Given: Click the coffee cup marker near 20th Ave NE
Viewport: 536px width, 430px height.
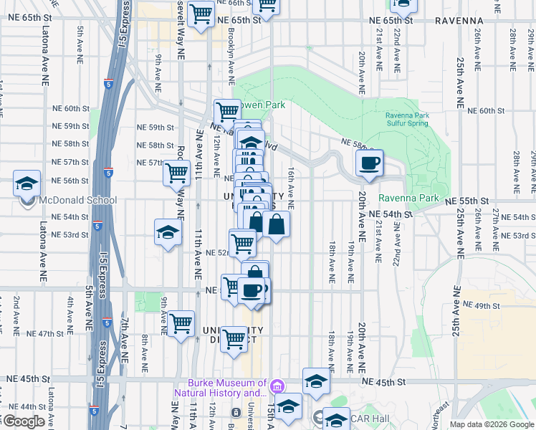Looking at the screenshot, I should pos(369,163).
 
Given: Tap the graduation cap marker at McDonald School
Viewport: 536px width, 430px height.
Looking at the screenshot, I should pos(27,183).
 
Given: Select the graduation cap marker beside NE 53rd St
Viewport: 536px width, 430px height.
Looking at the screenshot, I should pos(168,232).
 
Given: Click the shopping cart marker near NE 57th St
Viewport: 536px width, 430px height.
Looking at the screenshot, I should pos(176,172).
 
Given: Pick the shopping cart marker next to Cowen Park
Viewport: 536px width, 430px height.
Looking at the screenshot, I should pos(227,111).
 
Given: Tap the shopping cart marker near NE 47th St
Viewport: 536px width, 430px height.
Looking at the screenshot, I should pos(181,322).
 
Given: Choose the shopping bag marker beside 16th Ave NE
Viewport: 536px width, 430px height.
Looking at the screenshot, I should pos(276,224).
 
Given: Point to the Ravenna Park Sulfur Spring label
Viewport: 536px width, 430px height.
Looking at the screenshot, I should pos(406,120).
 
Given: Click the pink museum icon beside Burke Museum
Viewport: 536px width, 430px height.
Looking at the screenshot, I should pos(277,388).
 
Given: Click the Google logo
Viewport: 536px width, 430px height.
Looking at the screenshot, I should pos(24,421).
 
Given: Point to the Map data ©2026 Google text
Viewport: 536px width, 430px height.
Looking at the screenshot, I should pos(492,424).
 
